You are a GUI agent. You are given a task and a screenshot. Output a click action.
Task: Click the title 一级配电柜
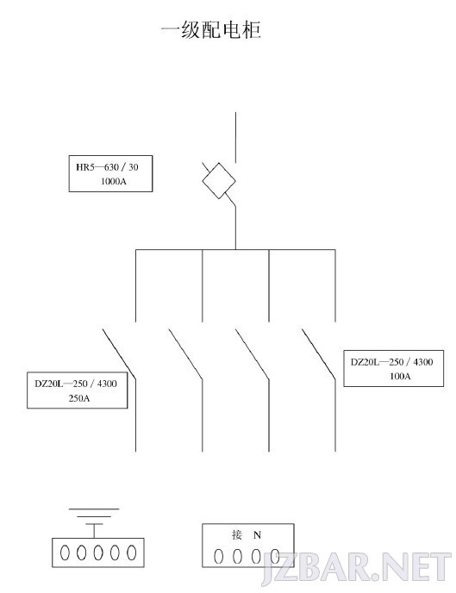tap(211, 29)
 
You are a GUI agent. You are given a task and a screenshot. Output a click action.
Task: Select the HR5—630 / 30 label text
tap(107, 167)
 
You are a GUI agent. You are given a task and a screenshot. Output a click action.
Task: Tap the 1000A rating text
tap(113, 181)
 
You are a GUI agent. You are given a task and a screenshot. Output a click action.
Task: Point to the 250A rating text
tap(79, 398)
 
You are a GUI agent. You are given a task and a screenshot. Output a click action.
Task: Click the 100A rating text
tap(400, 376)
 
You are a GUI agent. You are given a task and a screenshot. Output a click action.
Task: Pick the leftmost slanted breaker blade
tap(119, 354)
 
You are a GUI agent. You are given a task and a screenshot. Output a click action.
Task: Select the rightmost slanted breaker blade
tap(319, 354)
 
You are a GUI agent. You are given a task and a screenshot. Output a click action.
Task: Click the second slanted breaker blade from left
tap(185, 354)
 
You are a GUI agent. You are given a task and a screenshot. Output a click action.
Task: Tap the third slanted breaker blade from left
tap(253, 354)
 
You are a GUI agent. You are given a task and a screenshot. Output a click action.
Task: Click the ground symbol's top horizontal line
tap(94, 509)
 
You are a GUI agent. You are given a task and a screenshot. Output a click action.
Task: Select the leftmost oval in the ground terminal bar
tap(65, 552)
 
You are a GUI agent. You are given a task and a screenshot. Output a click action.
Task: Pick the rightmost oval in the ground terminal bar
tap(131, 552)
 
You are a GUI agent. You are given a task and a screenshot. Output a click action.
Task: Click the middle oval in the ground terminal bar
tap(98, 552)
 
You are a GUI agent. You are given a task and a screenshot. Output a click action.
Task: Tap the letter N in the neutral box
tap(257, 534)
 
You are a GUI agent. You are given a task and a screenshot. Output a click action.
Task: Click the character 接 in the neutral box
tap(237, 534)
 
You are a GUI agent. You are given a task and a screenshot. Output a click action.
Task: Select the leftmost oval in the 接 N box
tap(219, 556)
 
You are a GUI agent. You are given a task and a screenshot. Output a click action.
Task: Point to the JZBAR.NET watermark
tap(356, 568)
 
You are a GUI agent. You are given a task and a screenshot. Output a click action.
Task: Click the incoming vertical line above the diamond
tap(235, 137)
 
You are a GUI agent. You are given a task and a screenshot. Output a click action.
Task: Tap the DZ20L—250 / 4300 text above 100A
tap(391, 362)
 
